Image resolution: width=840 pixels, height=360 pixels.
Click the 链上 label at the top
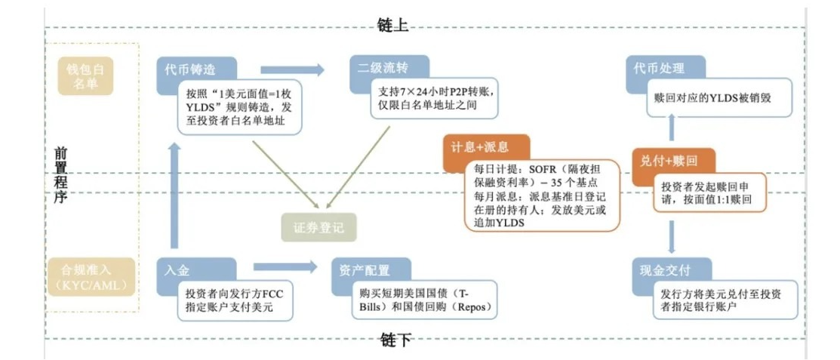click(392, 26)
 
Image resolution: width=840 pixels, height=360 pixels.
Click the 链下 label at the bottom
click(395, 340)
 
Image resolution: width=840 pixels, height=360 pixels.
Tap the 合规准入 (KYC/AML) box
click(85, 276)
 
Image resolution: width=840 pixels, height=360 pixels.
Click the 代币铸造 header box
click(195, 69)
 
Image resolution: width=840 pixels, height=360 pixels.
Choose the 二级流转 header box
click(387, 67)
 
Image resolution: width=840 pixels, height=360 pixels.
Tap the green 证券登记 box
click(318, 226)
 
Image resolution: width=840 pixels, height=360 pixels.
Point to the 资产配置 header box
click(370, 269)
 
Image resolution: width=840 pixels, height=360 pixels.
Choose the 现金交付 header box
click(669, 269)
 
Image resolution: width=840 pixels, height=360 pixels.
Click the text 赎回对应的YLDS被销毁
click(712, 99)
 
